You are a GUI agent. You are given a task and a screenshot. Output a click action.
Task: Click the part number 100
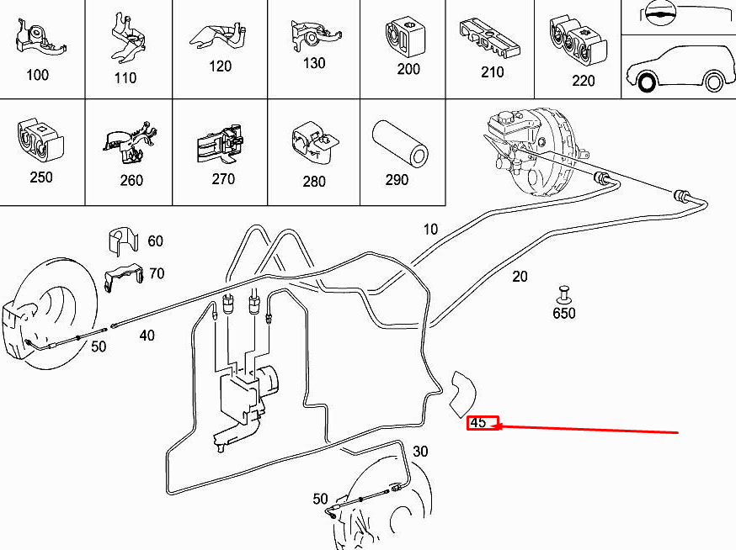(x=37, y=75)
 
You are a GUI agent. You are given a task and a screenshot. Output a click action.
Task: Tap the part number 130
(x=313, y=63)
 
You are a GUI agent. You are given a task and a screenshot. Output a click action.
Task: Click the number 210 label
(x=492, y=72)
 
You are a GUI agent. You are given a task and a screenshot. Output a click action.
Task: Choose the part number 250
(x=40, y=177)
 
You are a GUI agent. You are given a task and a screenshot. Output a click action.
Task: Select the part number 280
(x=313, y=182)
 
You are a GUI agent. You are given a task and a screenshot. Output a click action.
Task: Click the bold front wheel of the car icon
(x=647, y=82)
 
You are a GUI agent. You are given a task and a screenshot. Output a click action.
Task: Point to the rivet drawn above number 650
(x=563, y=294)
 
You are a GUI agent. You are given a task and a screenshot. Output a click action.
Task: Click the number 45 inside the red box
(x=478, y=422)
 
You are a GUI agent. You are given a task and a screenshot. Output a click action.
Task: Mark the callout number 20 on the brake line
(x=520, y=276)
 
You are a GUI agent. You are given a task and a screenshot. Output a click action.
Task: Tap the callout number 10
(x=430, y=229)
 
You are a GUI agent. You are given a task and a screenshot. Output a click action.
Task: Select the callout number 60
(x=155, y=241)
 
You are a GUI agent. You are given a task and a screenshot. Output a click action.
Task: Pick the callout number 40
(x=147, y=336)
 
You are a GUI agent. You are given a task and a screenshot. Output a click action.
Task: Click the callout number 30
(x=420, y=452)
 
